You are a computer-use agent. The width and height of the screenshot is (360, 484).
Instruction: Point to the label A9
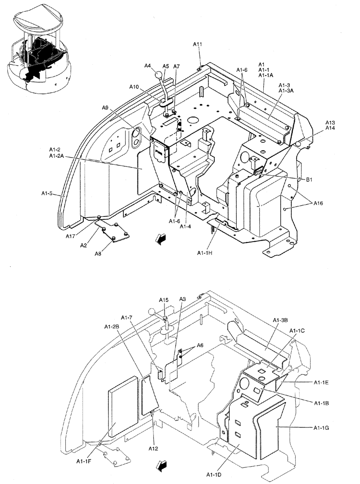(105, 108)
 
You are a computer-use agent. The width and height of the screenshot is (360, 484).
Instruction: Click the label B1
(309, 180)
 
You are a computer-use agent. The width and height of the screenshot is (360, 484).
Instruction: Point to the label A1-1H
(206, 253)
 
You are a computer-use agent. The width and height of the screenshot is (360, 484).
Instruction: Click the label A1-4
(186, 226)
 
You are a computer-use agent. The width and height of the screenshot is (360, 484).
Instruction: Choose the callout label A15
(164, 300)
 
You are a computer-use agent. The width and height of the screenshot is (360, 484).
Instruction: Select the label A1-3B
(280, 320)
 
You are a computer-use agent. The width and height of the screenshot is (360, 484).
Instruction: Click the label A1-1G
(322, 427)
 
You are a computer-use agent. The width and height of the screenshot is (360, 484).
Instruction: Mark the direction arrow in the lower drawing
(161, 466)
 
